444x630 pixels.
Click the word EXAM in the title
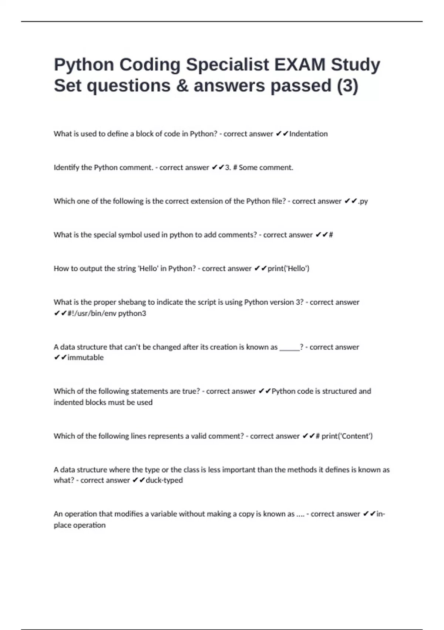(x=300, y=65)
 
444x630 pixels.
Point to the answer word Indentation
(x=308, y=134)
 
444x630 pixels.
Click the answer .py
(x=363, y=201)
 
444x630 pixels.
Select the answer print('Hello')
(x=288, y=269)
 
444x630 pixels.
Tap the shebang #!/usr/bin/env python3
(x=107, y=314)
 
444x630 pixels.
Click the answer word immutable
(x=85, y=358)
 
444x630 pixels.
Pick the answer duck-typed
(x=164, y=480)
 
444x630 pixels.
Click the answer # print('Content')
(x=344, y=436)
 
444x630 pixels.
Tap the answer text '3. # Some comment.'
(x=259, y=168)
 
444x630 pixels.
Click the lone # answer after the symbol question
(x=331, y=235)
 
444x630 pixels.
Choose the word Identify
(x=67, y=168)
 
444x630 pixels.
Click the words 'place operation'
(x=80, y=525)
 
